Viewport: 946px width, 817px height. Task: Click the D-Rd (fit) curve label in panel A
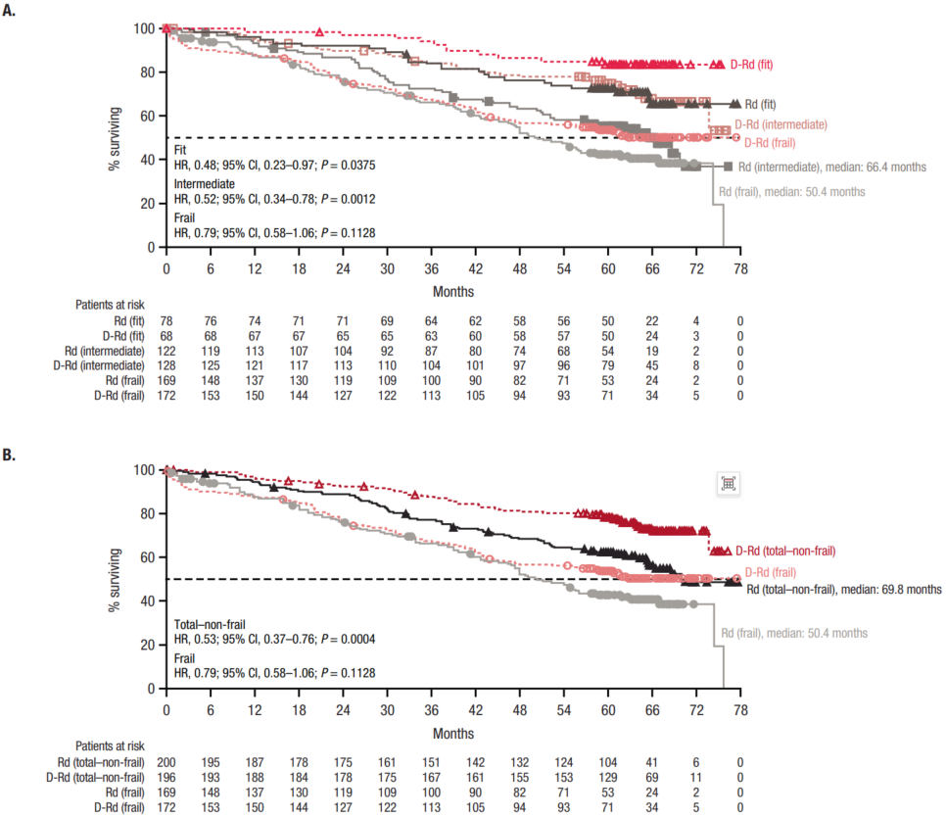pos(751,65)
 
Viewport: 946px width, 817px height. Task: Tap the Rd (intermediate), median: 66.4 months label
pos(832,168)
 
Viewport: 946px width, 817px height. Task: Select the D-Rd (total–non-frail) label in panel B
pos(785,551)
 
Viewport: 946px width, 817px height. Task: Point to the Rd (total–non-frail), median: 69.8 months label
pos(843,589)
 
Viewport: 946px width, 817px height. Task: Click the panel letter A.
pos(9,10)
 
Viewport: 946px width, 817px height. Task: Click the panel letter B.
pos(9,455)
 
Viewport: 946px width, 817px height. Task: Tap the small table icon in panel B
pos(729,483)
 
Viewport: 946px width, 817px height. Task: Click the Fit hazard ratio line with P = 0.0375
pos(274,165)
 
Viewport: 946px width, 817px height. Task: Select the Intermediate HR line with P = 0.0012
pos(274,199)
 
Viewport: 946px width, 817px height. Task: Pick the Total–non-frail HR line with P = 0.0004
pos(274,639)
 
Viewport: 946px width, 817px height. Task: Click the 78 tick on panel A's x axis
pos(740,269)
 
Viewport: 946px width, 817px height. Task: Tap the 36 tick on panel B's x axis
pos(431,710)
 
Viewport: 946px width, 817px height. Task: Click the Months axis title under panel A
pos(453,292)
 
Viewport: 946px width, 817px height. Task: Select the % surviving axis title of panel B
pos(114,581)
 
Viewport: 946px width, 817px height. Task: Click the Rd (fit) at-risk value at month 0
pos(166,321)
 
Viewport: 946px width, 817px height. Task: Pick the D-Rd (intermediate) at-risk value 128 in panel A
pos(166,365)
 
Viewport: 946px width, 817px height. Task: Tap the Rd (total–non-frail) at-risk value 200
pos(166,763)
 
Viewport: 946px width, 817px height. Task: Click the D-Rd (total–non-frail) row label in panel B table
pos(95,777)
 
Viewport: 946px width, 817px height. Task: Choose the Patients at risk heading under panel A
pos(110,305)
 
